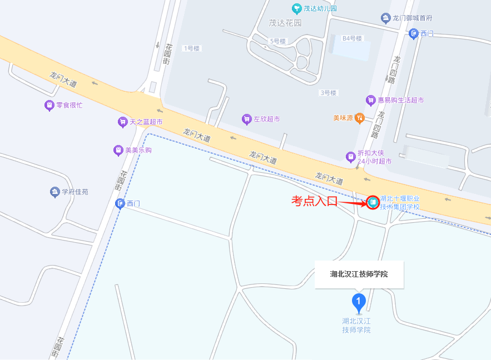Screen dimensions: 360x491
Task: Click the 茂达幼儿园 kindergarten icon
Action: (x=297, y=8)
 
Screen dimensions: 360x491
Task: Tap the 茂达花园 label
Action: (x=285, y=23)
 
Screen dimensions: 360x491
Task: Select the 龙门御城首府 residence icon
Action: (x=385, y=18)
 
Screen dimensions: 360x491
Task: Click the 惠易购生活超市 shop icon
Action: (x=370, y=100)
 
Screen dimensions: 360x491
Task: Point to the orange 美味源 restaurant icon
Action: (x=360, y=117)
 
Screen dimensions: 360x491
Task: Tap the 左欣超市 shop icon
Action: (x=246, y=119)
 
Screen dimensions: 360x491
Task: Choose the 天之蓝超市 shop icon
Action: (x=122, y=122)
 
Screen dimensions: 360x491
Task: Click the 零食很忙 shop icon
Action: (x=49, y=105)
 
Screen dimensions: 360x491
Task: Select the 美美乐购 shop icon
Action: (x=118, y=150)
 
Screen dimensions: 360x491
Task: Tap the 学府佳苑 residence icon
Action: (x=54, y=192)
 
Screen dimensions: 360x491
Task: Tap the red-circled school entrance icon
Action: (x=373, y=202)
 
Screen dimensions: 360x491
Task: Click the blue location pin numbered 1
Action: (x=359, y=303)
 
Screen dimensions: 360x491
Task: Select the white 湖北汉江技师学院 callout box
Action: (x=359, y=274)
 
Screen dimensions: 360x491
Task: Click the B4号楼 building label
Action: (x=352, y=38)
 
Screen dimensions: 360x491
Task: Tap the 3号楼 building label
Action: (x=328, y=93)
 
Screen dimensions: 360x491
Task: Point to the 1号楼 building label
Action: (x=191, y=48)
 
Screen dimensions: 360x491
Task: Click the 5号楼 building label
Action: (x=277, y=41)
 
